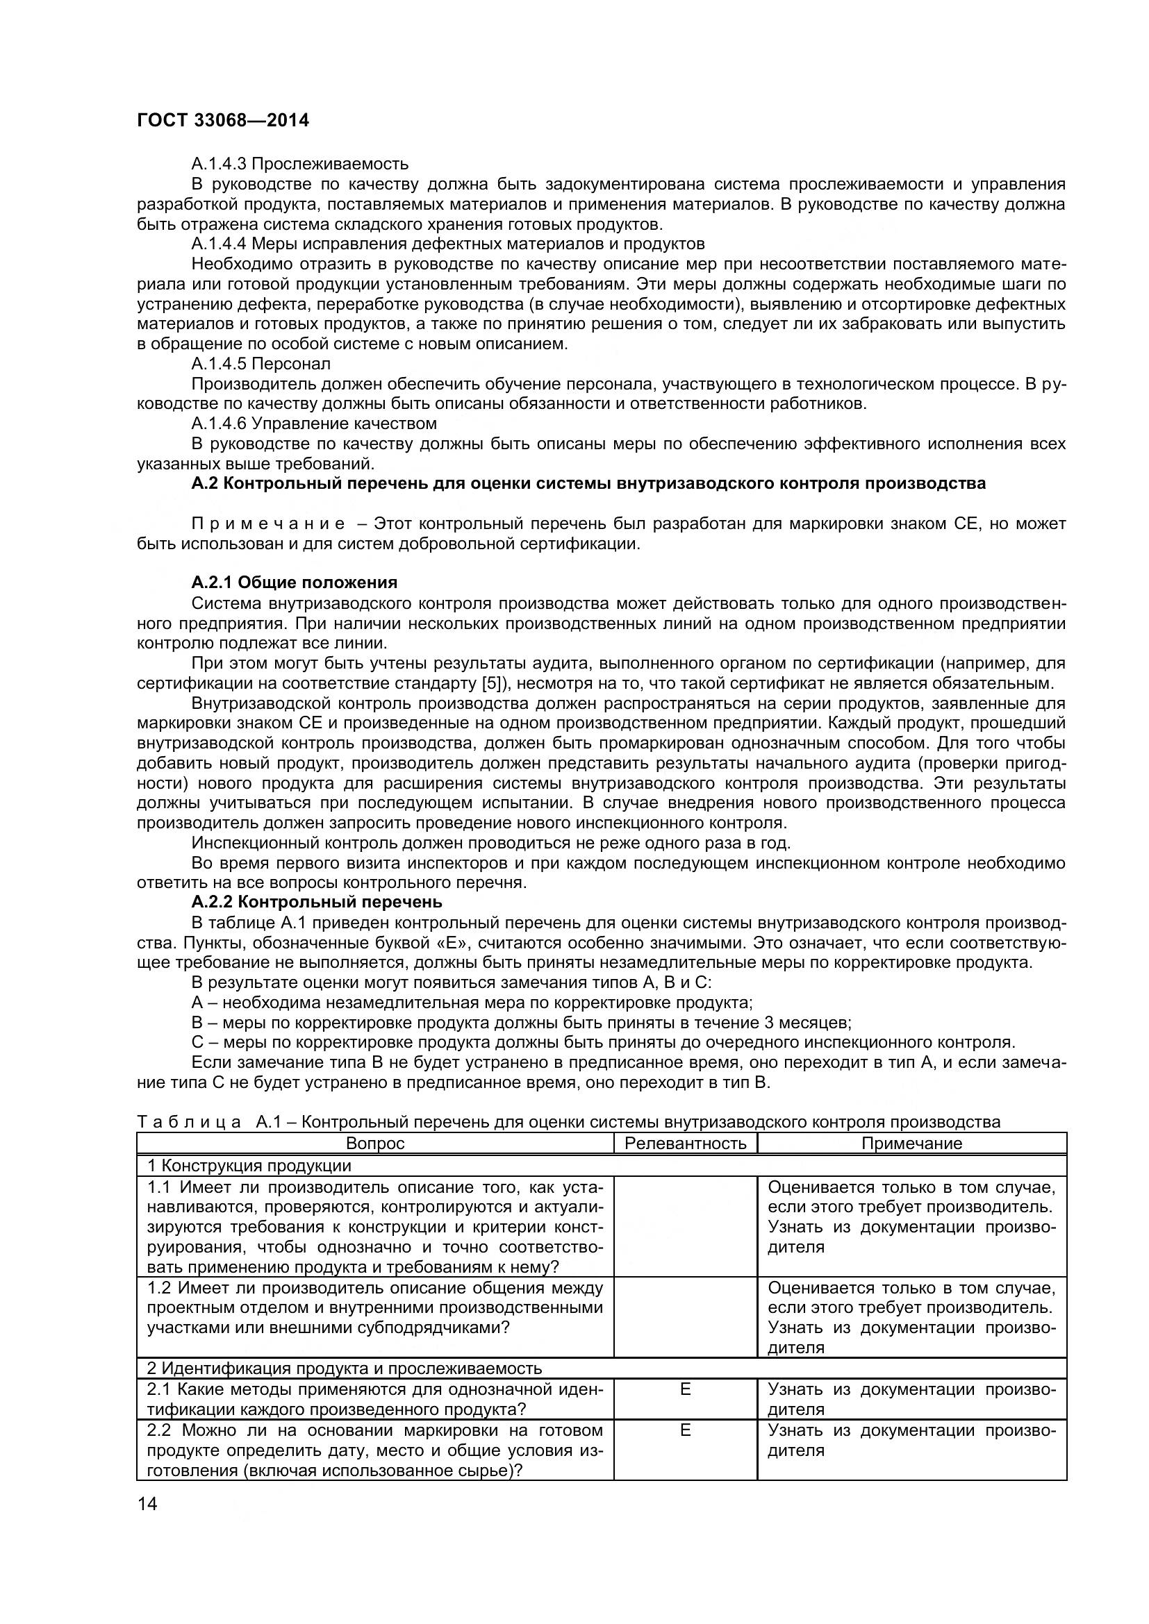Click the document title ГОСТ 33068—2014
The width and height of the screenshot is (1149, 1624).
tap(223, 120)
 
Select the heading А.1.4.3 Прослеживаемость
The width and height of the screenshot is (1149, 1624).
tap(299, 164)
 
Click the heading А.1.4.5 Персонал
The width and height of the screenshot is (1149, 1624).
tap(261, 364)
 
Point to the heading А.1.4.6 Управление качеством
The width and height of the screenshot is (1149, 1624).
tap(313, 424)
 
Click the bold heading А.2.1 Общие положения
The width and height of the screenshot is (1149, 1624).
tap(295, 582)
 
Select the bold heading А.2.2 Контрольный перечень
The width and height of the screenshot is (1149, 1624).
tap(316, 902)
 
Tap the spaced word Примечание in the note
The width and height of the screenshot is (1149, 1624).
tap(268, 524)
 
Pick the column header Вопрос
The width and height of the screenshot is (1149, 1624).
tap(375, 1144)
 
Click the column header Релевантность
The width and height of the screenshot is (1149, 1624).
tap(685, 1144)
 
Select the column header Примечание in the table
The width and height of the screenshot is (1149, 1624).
tap(911, 1144)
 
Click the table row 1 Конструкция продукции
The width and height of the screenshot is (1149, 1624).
tap(249, 1166)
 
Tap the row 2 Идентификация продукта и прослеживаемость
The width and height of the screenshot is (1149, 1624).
tap(344, 1368)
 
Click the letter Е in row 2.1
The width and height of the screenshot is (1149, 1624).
tap(685, 1389)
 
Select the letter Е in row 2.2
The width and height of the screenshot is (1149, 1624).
tap(685, 1430)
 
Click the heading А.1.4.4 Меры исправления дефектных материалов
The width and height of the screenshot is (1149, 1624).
tap(448, 244)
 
